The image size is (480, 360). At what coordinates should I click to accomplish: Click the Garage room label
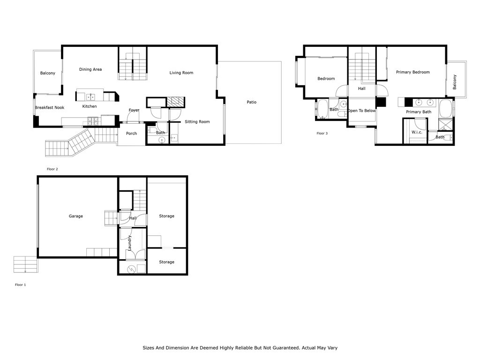[75, 216]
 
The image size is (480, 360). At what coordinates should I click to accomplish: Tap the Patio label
[252, 102]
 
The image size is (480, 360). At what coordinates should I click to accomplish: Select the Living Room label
[181, 73]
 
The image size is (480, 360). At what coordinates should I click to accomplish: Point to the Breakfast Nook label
[50, 107]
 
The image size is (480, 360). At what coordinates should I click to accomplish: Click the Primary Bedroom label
[412, 72]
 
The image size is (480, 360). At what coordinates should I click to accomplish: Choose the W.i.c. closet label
[417, 132]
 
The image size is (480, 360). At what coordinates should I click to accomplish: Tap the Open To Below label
[361, 111]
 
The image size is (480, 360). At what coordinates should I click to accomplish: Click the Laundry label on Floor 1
[129, 243]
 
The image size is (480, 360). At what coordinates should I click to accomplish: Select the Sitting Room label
[197, 122]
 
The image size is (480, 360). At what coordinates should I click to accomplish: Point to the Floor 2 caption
[52, 169]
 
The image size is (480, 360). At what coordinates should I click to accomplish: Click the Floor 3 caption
[322, 133]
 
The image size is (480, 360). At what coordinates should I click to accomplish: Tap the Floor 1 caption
[21, 285]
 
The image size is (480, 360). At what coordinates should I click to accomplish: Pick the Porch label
[132, 134]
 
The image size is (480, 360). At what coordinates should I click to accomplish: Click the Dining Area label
[90, 69]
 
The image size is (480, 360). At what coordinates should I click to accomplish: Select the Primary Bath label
[419, 112]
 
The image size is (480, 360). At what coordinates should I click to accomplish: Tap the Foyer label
[134, 110]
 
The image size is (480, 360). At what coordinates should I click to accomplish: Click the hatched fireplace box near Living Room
[176, 102]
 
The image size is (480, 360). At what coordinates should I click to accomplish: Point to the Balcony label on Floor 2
[48, 73]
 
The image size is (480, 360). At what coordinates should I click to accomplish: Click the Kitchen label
[90, 106]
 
